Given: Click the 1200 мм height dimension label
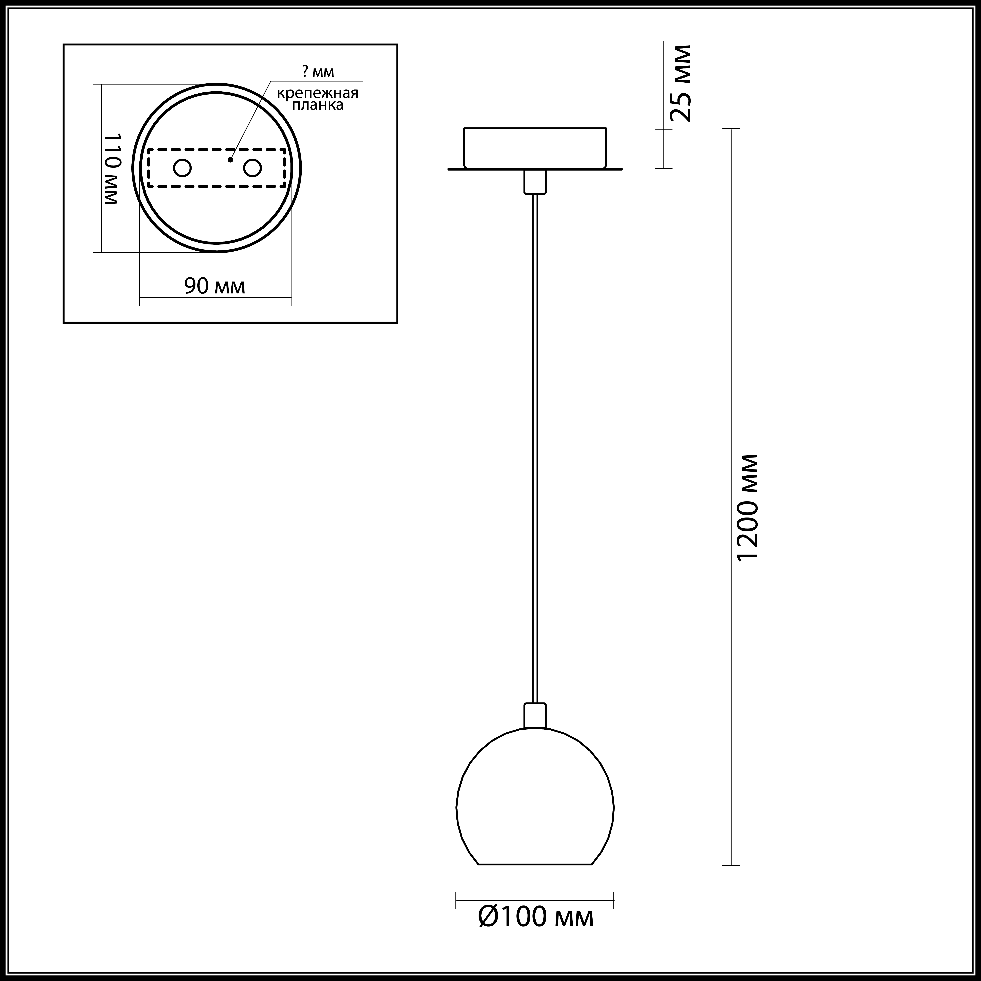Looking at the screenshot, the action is point(748,507).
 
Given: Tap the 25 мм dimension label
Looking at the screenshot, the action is point(679,83).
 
